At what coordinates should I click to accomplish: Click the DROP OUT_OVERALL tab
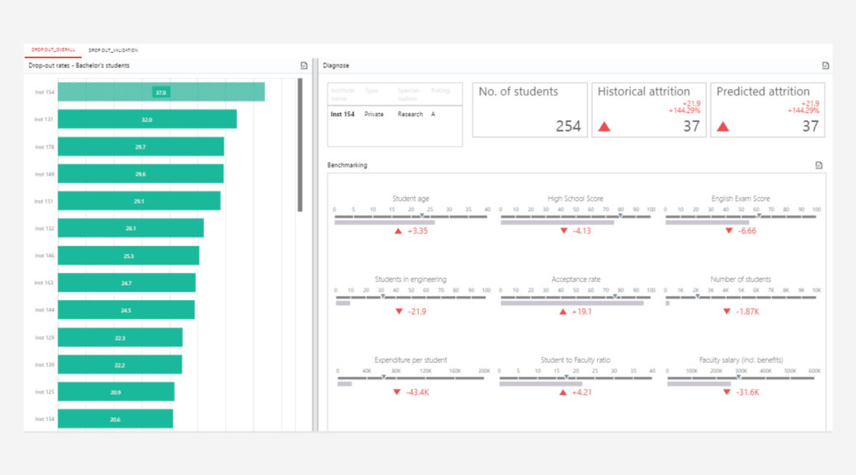click(x=53, y=50)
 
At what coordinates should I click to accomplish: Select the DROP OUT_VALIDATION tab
click(x=113, y=50)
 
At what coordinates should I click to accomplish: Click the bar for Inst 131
click(x=147, y=120)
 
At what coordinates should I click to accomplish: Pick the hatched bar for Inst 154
click(x=161, y=92)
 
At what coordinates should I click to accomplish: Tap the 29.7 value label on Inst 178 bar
click(x=140, y=147)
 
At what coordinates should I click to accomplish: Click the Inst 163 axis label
click(x=45, y=283)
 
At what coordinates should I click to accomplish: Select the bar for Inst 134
click(x=115, y=419)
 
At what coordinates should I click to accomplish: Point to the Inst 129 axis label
click(x=45, y=337)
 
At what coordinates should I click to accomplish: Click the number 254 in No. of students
click(x=568, y=126)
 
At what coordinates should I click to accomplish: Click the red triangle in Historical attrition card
click(x=604, y=127)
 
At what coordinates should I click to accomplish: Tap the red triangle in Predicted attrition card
click(x=723, y=127)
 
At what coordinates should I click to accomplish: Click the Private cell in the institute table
click(x=374, y=115)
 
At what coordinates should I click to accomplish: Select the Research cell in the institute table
click(x=410, y=115)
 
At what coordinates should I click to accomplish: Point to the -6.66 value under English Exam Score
click(x=745, y=231)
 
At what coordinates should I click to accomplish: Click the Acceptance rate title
click(x=576, y=280)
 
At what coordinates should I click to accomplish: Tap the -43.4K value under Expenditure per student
click(x=416, y=392)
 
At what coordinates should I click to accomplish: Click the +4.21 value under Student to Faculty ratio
click(x=581, y=392)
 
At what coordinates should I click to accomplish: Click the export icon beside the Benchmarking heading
click(x=819, y=165)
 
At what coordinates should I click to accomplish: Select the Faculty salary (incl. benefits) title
click(x=741, y=360)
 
